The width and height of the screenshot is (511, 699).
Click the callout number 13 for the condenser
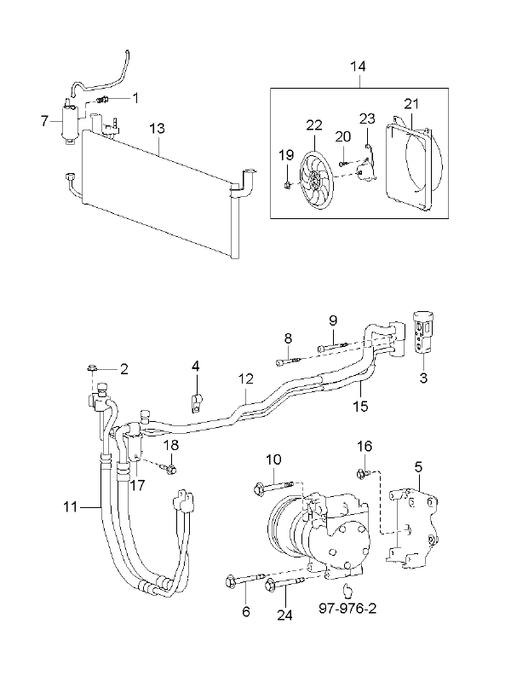pos(157,129)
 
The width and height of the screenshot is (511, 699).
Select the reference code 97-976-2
pos(347,608)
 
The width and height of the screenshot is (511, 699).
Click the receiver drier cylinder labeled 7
pos(70,120)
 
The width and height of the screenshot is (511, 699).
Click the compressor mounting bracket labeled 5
pos(412,529)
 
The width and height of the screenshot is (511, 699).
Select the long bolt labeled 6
pos(245,580)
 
